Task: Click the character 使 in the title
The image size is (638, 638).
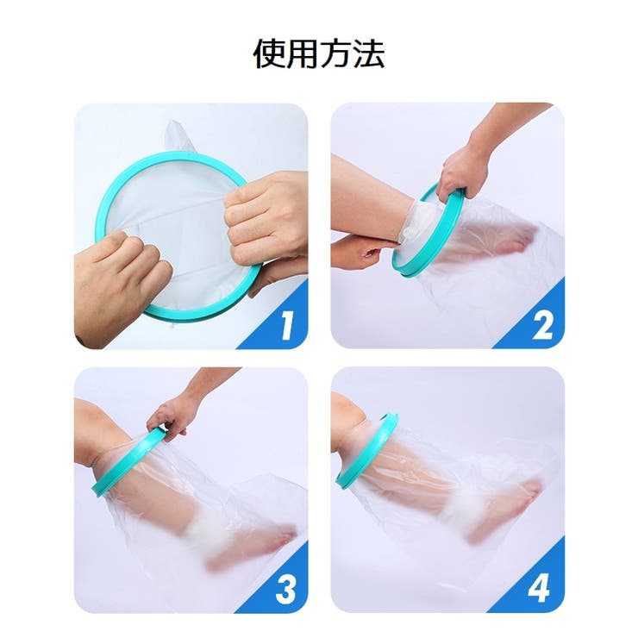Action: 270,53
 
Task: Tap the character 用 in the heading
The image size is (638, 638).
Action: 303,53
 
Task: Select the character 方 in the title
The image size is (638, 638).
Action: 336,53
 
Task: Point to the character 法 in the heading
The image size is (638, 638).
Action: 369,53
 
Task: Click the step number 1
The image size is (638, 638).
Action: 287,325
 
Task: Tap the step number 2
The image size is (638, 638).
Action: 542,325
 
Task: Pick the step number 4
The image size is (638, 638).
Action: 539,588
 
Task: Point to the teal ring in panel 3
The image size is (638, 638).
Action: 122,464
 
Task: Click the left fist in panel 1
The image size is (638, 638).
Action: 122,281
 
